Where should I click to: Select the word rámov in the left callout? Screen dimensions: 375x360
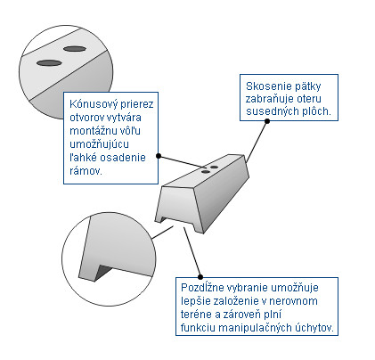click(85, 171)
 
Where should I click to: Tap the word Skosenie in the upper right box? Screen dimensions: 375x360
click(265, 86)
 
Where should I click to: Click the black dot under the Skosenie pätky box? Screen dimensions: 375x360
click(267, 121)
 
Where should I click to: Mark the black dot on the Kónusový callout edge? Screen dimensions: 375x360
click(159, 156)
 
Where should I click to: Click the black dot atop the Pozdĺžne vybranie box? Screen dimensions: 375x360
click(200, 277)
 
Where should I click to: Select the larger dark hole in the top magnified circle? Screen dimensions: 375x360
click(49, 63)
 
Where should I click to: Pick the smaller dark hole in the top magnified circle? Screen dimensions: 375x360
click(75, 49)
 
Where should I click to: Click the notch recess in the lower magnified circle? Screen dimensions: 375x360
click(102, 272)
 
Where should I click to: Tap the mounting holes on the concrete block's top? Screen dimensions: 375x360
click(209, 169)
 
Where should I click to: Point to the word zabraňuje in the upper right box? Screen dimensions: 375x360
click(268, 99)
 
